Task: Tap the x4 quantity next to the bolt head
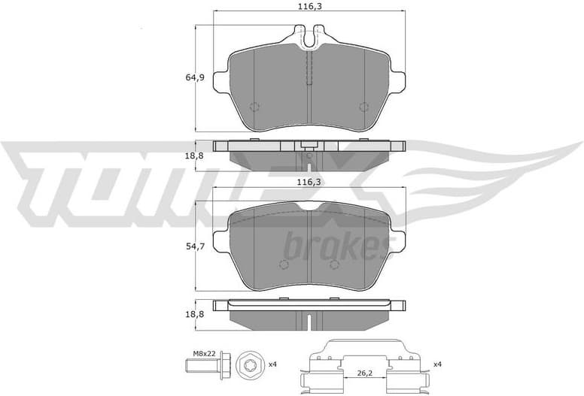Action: (x=272, y=364)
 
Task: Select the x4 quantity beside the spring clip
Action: (x=438, y=364)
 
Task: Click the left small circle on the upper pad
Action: (x=254, y=106)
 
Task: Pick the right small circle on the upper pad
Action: (x=364, y=106)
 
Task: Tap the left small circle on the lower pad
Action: (x=284, y=264)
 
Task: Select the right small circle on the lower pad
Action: (x=334, y=264)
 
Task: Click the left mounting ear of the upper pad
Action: (x=222, y=80)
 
